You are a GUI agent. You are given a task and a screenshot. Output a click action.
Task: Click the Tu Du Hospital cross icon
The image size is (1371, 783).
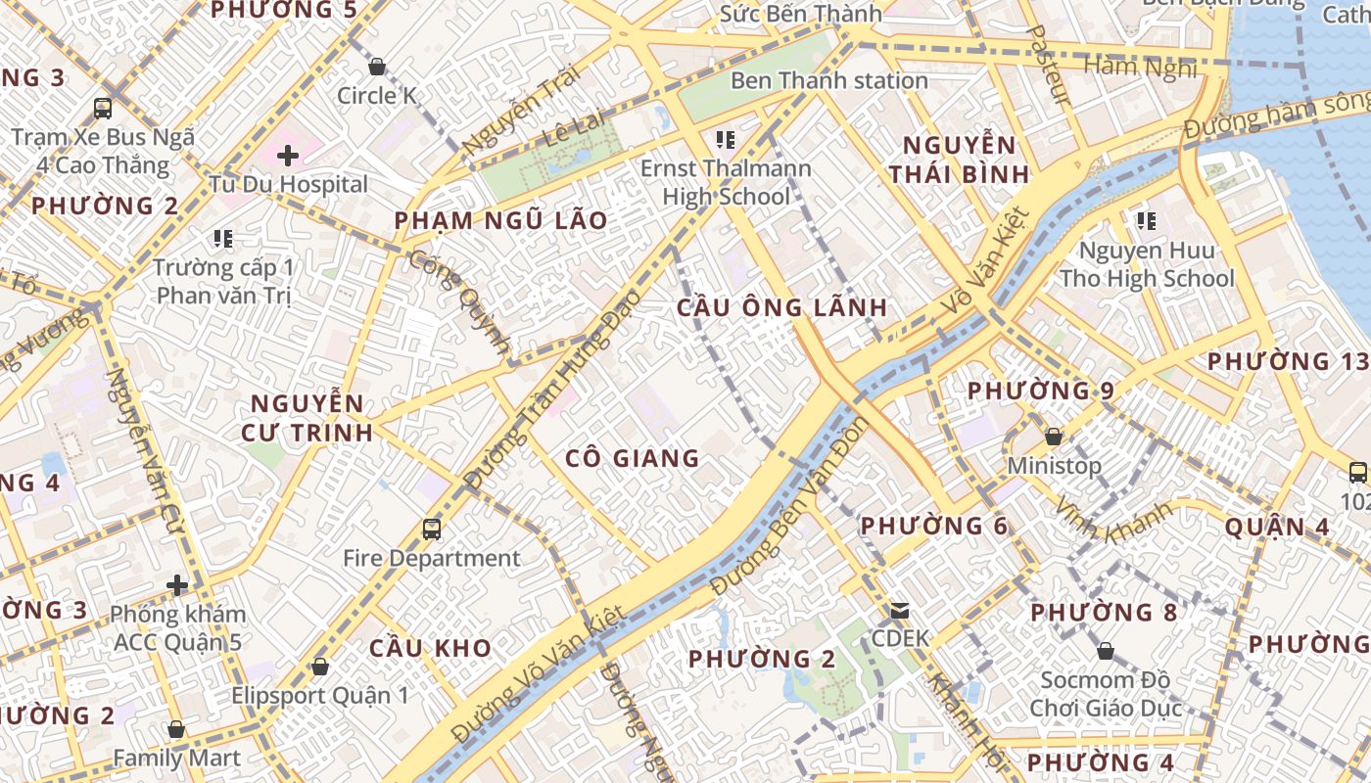click(288, 156)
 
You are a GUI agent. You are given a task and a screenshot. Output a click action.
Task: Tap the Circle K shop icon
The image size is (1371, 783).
click(376, 67)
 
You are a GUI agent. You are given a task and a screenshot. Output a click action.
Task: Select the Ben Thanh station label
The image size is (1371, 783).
click(828, 80)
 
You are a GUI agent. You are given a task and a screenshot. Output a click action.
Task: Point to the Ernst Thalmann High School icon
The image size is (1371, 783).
click(726, 140)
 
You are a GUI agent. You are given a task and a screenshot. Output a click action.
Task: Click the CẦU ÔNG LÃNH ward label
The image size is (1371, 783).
click(781, 307)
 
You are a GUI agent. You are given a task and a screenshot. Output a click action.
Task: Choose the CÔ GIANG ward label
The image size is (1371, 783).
click(633, 458)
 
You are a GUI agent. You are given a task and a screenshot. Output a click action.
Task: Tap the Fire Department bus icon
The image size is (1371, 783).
click(432, 530)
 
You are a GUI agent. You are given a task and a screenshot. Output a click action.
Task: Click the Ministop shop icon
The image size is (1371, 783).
click(1054, 437)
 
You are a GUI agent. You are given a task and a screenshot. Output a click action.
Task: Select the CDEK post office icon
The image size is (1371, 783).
click(899, 611)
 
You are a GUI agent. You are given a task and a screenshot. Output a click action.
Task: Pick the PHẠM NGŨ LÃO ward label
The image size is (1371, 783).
click(500, 220)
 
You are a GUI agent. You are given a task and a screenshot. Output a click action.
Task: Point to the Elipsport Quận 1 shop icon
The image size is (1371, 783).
click(319, 667)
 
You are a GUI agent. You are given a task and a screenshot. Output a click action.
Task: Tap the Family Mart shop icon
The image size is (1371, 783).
click(176, 729)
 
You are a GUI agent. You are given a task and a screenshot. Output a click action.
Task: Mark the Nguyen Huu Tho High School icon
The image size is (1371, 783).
click(1146, 221)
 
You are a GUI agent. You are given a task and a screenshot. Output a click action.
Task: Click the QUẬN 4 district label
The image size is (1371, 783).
click(1277, 527)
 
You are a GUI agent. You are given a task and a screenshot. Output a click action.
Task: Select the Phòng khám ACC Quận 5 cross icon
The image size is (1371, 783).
click(177, 585)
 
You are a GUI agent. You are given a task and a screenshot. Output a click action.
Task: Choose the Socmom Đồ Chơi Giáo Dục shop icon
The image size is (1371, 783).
click(1105, 651)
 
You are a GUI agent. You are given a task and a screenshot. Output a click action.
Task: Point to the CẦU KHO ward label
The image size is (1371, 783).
click(430, 648)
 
